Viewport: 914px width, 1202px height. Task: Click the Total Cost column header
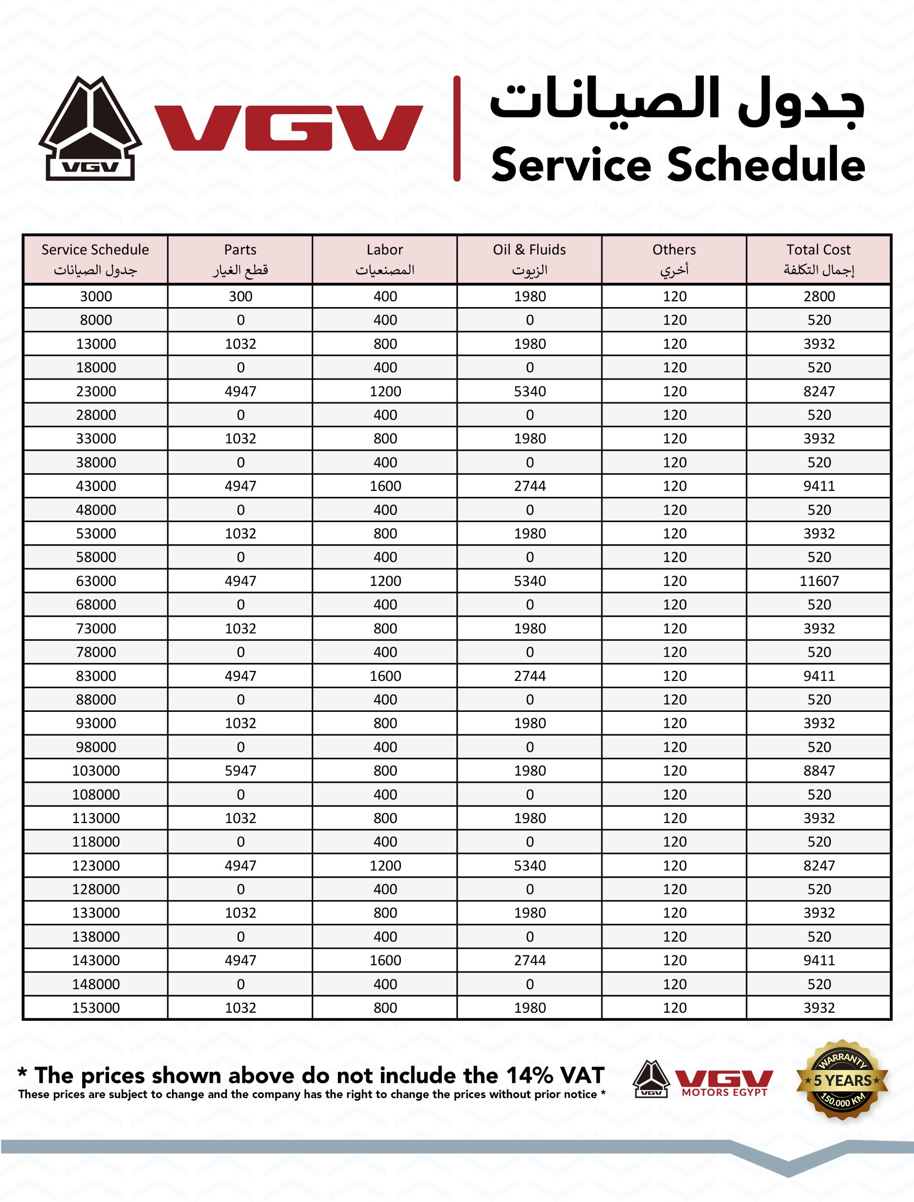click(818, 259)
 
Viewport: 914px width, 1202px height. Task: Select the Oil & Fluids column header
click(529, 259)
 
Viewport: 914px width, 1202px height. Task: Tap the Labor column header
click(385, 259)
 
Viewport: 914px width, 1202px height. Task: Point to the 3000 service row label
click(96, 296)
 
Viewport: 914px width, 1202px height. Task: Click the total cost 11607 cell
click(819, 581)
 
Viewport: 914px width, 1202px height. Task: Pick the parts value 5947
click(241, 771)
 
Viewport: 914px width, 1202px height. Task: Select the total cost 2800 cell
click(819, 296)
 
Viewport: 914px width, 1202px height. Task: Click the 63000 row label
click(96, 581)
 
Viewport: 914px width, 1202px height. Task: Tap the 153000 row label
click(96, 1007)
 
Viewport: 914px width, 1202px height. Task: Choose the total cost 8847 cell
click(819, 771)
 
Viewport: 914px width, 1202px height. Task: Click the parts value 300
click(241, 296)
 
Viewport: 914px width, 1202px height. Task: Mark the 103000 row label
click(96, 771)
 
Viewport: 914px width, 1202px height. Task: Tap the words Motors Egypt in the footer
click(724, 1092)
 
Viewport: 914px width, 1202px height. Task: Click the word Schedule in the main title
click(766, 165)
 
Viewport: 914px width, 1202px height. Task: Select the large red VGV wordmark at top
click(289, 128)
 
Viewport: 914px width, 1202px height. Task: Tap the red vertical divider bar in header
click(457, 128)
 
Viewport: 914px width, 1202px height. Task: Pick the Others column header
click(674, 259)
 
